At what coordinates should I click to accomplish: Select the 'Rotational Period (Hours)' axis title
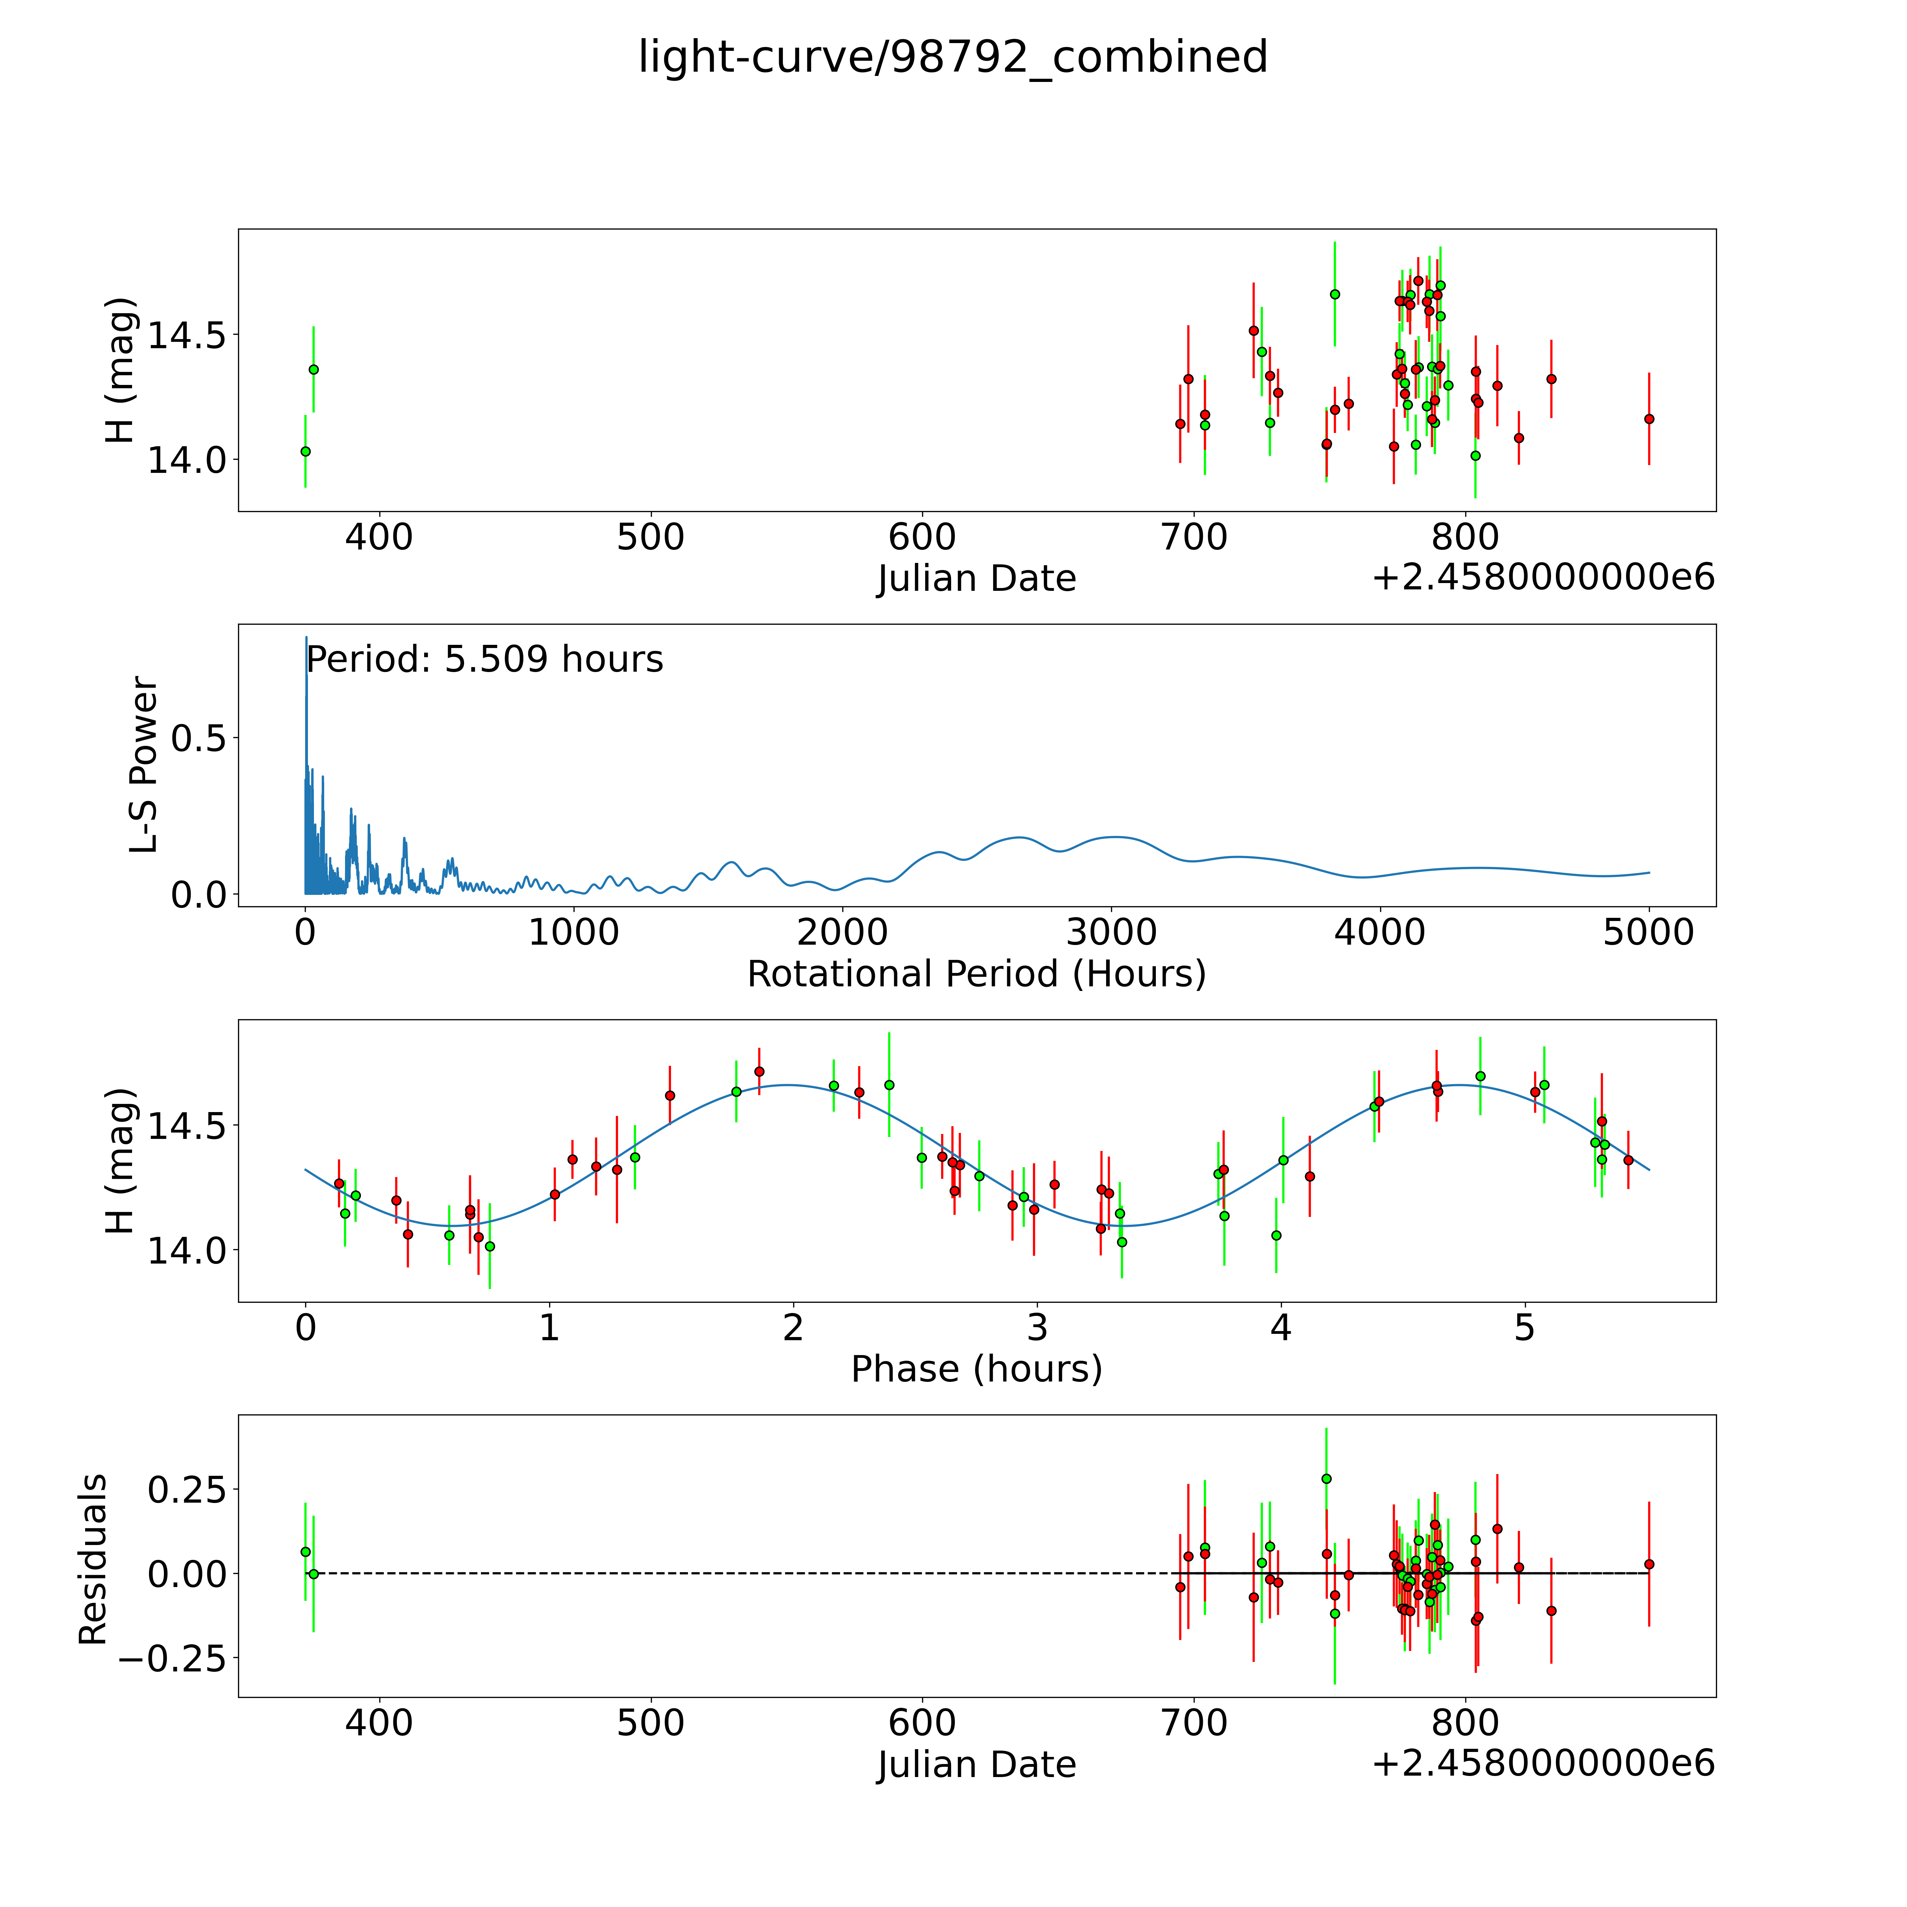tap(976, 974)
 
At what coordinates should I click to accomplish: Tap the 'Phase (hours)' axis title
tap(976, 1369)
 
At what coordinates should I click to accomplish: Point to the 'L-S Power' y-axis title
tap(144, 765)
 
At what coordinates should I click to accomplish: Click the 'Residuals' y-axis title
tap(93, 1560)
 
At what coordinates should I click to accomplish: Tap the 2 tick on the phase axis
tap(792, 1327)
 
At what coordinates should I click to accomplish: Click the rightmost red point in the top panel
tap(1648, 418)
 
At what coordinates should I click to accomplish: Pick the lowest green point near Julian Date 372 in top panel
tap(305, 451)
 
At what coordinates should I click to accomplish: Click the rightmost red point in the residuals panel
tap(1648, 1564)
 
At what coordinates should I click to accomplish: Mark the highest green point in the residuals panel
tap(1326, 1479)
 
